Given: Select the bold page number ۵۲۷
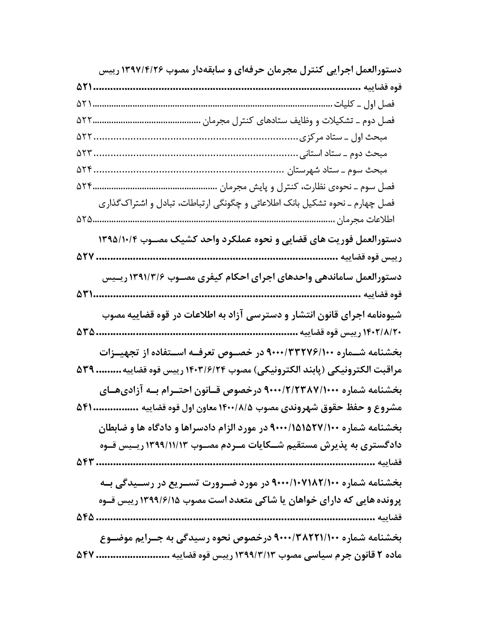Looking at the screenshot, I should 85,257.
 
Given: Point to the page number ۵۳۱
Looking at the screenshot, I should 84,294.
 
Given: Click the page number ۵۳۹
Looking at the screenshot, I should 85,370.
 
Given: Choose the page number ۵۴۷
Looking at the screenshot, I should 85,555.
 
